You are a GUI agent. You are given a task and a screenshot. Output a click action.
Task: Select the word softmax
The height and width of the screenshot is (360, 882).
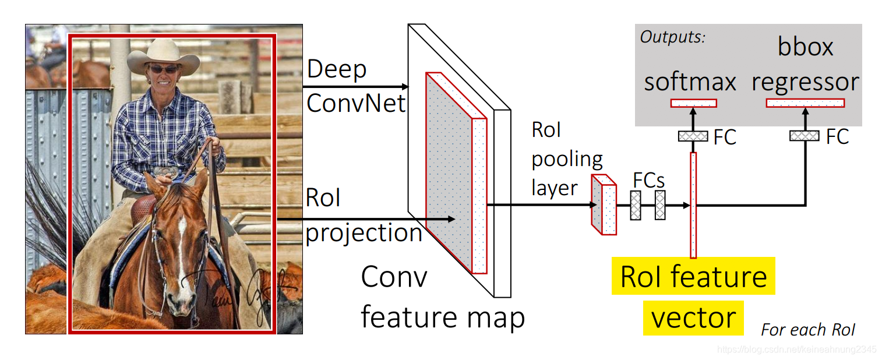pyautogui.click(x=690, y=82)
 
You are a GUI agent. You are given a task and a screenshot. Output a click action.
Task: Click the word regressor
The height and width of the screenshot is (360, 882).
pyautogui.click(x=805, y=82)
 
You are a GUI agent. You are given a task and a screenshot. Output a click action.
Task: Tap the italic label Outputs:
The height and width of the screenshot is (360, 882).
pyautogui.click(x=673, y=37)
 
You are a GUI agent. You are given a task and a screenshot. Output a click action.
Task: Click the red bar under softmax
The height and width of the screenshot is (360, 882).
pyautogui.click(x=693, y=103)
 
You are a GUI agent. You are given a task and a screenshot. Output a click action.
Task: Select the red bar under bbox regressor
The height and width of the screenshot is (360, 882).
pyautogui.click(x=805, y=103)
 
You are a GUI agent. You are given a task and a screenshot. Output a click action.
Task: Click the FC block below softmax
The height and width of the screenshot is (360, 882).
pyautogui.click(x=693, y=136)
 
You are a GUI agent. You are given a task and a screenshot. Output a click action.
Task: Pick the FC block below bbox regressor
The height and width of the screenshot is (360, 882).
pyautogui.click(x=805, y=136)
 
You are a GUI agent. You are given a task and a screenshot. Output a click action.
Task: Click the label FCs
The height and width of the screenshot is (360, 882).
pyautogui.click(x=648, y=181)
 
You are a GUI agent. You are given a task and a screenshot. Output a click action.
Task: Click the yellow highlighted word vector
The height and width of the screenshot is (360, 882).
pyautogui.click(x=693, y=318)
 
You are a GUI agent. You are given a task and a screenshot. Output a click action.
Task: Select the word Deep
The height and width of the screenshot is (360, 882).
pyautogui.click(x=337, y=70)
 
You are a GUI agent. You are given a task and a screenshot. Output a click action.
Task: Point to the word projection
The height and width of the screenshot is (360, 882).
pyautogui.click(x=364, y=233)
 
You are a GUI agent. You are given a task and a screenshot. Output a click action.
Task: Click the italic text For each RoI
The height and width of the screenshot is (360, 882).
pyautogui.click(x=808, y=330)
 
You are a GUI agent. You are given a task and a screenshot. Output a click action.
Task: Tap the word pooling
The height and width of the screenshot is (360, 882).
pyautogui.click(x=567, y=159)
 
